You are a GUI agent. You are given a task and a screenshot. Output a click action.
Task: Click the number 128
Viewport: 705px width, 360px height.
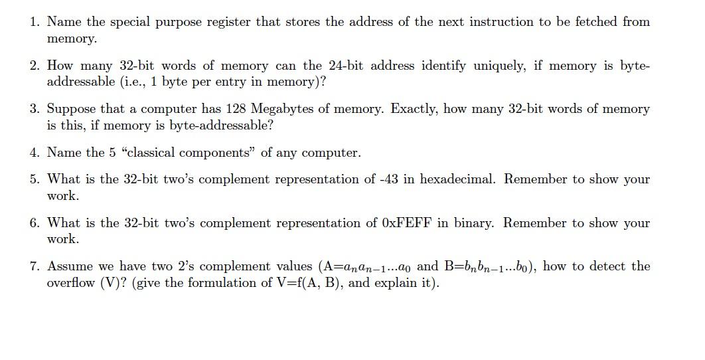[x=236, y=109]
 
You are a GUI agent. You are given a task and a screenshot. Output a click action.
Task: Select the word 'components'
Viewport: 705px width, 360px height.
[x=222, y=153]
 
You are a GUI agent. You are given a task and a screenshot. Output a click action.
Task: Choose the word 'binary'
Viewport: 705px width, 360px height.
[x=473, y=223]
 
